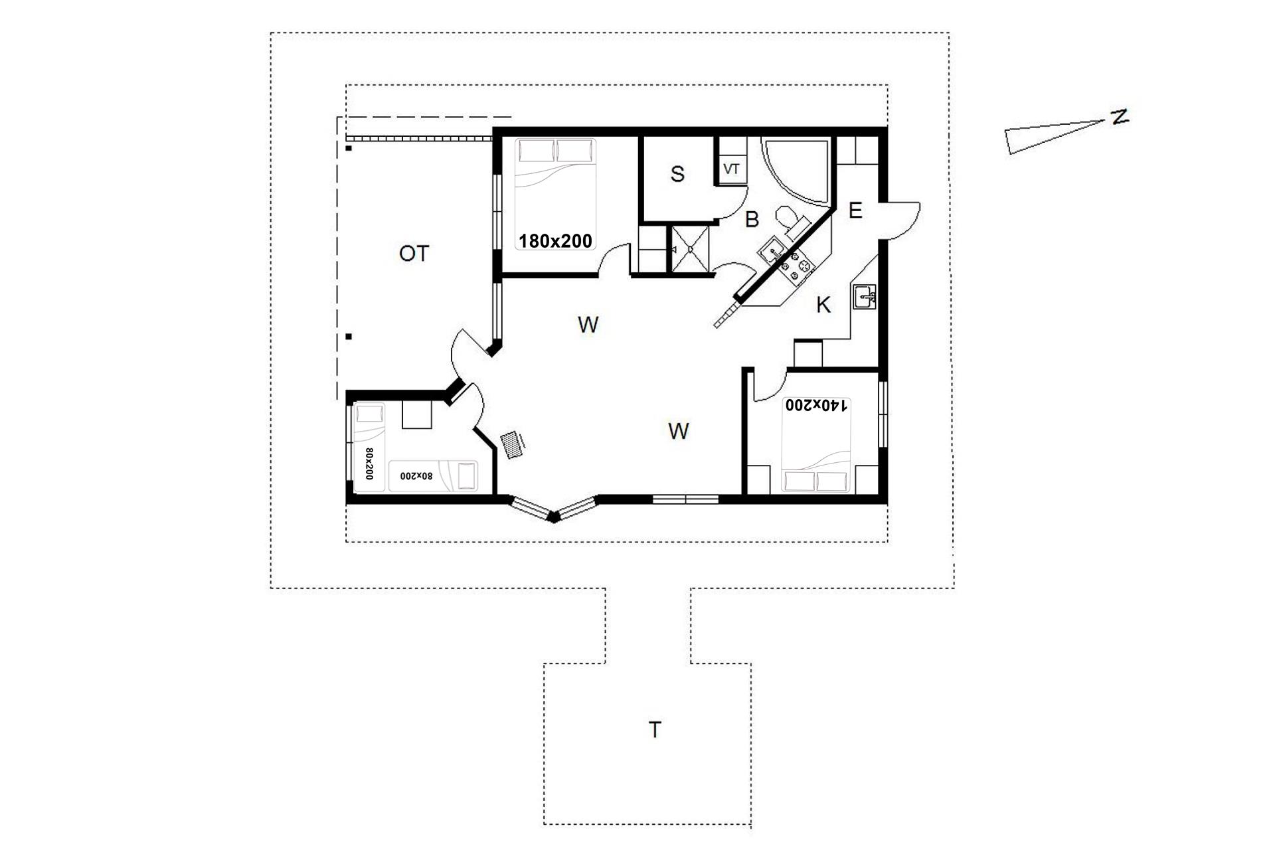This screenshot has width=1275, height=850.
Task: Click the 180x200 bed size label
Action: pos(555,241)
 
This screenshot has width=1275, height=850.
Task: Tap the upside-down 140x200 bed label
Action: pos(817,405)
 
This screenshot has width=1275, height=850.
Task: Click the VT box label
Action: pos(731,169)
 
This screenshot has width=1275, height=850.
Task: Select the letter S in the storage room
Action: pos(677,174)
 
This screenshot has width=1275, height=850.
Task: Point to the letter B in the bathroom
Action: pos(752,219)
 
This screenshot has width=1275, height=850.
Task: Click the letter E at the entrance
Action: pos(855,211)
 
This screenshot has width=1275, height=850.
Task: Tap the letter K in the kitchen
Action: pos(823,305)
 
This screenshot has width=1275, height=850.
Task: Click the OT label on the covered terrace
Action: pos(414,253)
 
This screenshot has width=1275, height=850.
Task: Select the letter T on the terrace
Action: pos(655,730)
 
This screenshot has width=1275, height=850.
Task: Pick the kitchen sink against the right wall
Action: pos(864,297)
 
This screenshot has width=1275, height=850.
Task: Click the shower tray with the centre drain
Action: pos(691,249)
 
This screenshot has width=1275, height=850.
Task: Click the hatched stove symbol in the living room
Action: pos(511,444)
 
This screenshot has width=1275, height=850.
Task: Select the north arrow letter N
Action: pos(1120,117)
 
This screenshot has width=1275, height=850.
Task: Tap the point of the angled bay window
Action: pos(553,519)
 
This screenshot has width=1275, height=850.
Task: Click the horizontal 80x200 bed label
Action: pos(416,476)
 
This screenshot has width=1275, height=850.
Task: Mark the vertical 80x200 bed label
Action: pos(369,464)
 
